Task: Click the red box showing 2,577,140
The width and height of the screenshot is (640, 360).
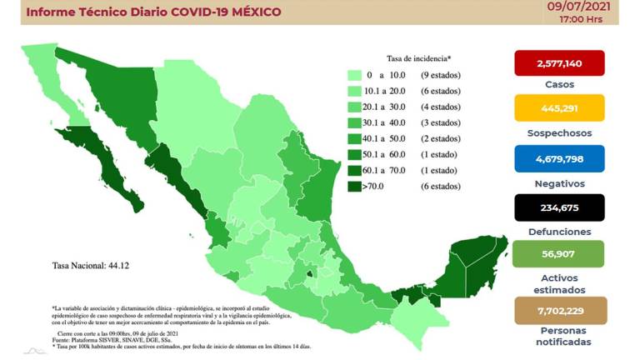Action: (559, 63)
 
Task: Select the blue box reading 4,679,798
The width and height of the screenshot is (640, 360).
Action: (559, 158)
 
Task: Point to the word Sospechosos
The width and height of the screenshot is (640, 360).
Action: (559, 133)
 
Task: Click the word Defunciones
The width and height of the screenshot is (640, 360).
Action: (559, 232)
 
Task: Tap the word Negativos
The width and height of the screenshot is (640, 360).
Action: (559, 183)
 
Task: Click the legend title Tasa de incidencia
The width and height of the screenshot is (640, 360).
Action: (418, 58)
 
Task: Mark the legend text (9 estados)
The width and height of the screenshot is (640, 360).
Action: (437, 76)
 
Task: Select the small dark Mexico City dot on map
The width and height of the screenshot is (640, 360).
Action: (310, 271)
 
